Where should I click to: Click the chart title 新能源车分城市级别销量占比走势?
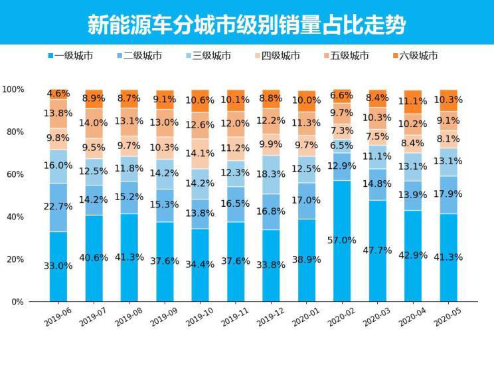pos(246,25)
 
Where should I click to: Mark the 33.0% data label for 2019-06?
pos(58,266)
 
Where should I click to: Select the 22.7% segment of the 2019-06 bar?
pos(58,207)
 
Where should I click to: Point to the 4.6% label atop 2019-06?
pos(58,94)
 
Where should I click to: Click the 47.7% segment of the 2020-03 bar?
pos(378,251)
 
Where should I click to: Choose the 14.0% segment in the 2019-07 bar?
pos(95,123)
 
